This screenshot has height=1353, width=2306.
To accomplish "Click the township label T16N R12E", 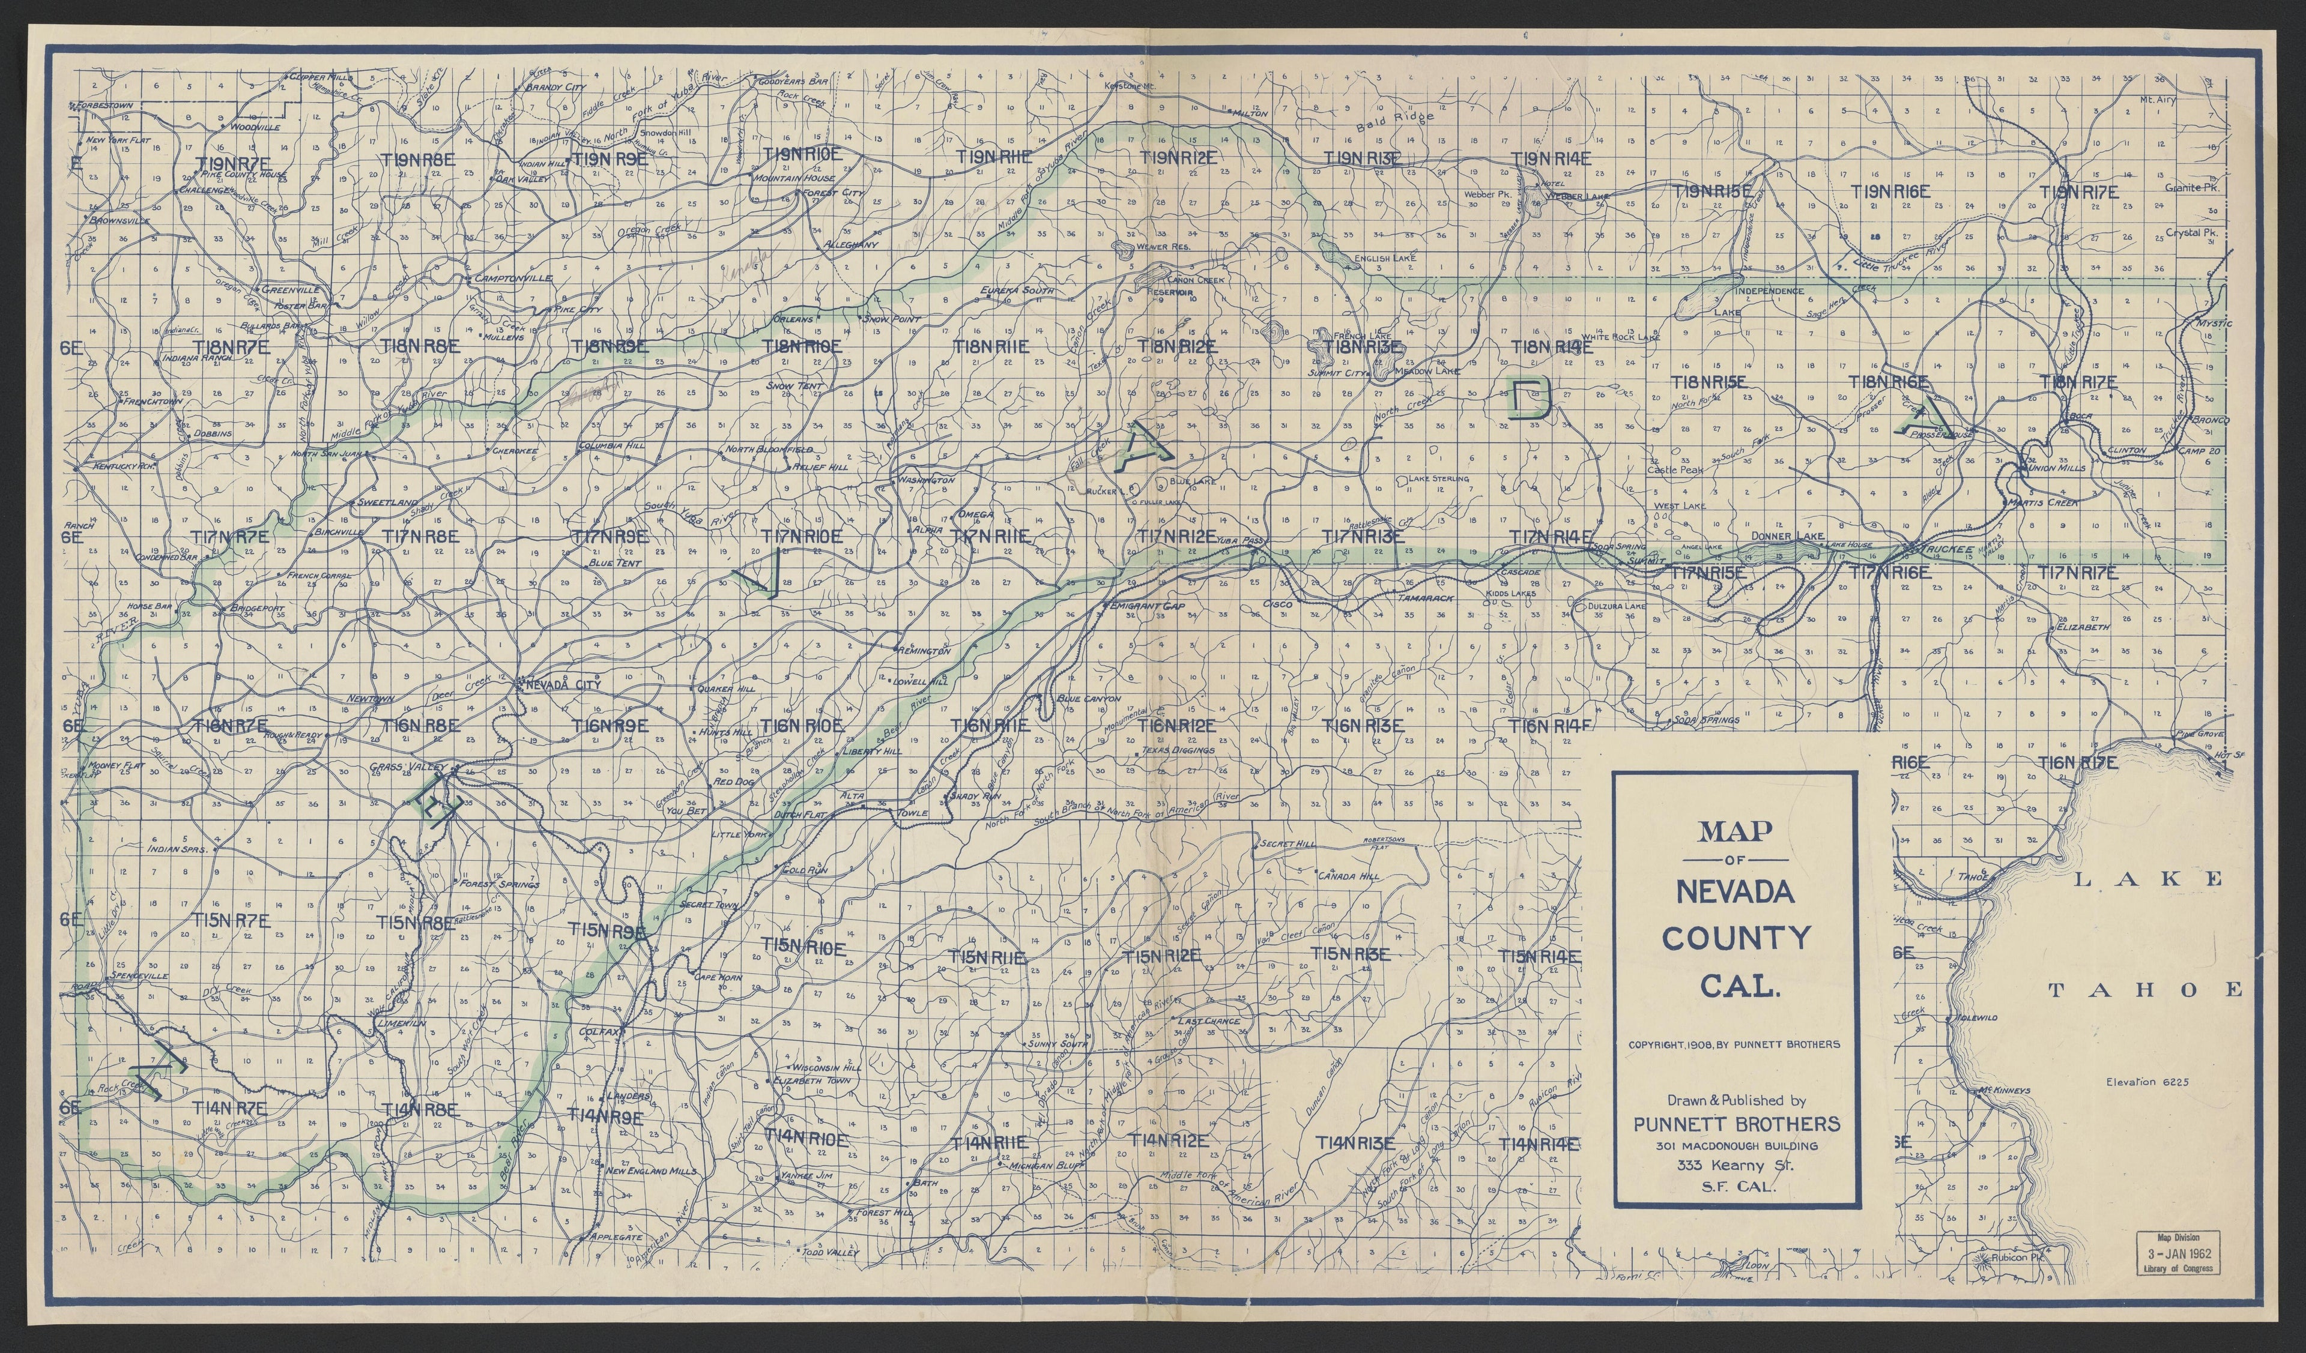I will (1176, 726).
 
